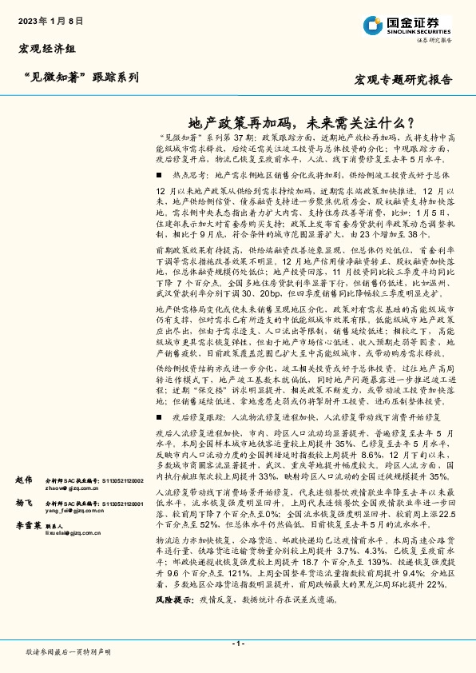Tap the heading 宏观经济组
(x=47, y=50)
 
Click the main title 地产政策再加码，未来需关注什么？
(x=300, y=124)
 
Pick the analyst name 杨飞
(x=24, y=526)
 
